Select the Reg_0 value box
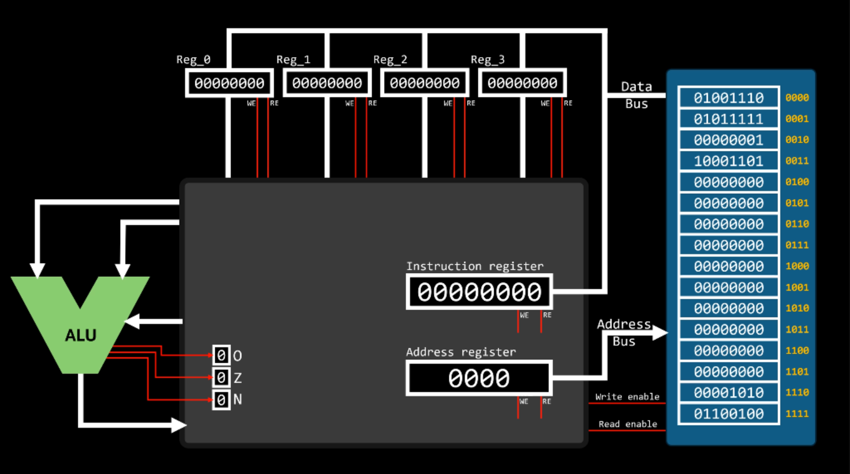click(229, 83)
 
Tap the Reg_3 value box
click(522, 83)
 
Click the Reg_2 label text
click(390, 59)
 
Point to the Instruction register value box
click(479, 292)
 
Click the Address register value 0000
click(479, 379)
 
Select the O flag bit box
click(221, 355)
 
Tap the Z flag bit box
click(221, 378)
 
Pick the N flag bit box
click(221, 399)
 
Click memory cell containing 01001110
click(728, 98)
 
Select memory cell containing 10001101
click(728, 161)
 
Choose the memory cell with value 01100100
click(728, 414)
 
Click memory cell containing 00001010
click(728, 393)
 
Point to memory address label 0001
click(797, 119)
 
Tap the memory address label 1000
click(797, 266)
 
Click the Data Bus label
click(636, 95)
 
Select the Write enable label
click(627, 396)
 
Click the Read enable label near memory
click(628, 424)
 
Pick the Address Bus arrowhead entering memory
click(661, 332)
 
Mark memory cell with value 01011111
click(728, 119)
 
